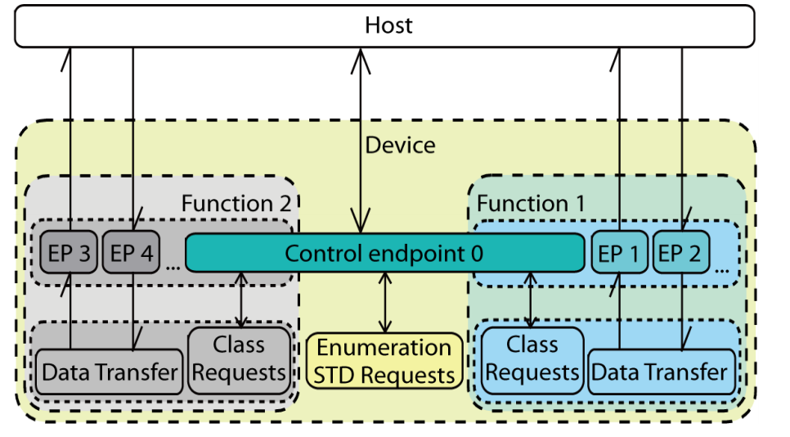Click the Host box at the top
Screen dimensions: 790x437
pos(384,26)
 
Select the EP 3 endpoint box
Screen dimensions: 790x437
pos(69,253)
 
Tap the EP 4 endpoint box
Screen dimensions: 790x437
pos(131,253)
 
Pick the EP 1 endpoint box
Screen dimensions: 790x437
pos(619,253)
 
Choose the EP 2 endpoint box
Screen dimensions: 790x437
pos(680,253)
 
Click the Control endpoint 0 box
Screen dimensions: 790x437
pos(385,253)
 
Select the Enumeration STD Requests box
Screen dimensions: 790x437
pos(384,361)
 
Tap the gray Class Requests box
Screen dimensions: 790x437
pos(240,360)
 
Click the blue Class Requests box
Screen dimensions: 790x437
pos(532,360)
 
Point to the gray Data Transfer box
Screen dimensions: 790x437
pos(110,372)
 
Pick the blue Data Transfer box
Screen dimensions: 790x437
pos(662,372)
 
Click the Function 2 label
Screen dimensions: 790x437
pos(236,204)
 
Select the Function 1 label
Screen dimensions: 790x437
pos(531,204)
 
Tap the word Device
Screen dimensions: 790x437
pos(400,145)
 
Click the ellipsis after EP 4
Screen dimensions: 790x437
pos(173,267)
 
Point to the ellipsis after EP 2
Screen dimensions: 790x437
pos(722,270)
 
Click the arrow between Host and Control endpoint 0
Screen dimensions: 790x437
pos(361,141)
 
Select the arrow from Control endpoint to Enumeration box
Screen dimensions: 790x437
pos(385,303)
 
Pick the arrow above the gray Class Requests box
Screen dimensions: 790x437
pos(241,300)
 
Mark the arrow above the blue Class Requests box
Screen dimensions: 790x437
pos(530,300)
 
